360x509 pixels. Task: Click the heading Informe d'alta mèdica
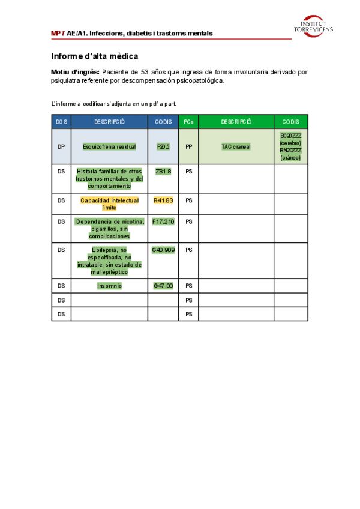[x=95, y=56]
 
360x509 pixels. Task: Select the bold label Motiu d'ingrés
[x=76, y=72]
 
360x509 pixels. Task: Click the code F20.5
[x=163, y=146]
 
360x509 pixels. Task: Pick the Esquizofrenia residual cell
[x=110, y=146]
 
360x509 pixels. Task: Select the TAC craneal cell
[x=236, y=146]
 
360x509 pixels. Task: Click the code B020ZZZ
[x=291, y=136]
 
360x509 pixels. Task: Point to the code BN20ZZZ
[x=291, y=151]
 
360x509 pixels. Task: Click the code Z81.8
[x=163, y=171]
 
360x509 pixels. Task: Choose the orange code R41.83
[x=163, y=200]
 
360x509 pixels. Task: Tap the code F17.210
[x=163, y=221]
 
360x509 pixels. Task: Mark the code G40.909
[x=163, y=249]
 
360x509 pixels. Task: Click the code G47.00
[x=163, y=286]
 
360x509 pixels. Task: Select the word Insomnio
[x=110, y=286]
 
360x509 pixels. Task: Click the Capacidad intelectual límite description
[x=110, y=204]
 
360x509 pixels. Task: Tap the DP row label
[x=61, y=146]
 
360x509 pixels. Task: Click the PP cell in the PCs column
[x=188, y=146]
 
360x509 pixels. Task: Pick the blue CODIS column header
[x=163, y=122]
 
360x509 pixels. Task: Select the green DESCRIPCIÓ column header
[x=236, y=122]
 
